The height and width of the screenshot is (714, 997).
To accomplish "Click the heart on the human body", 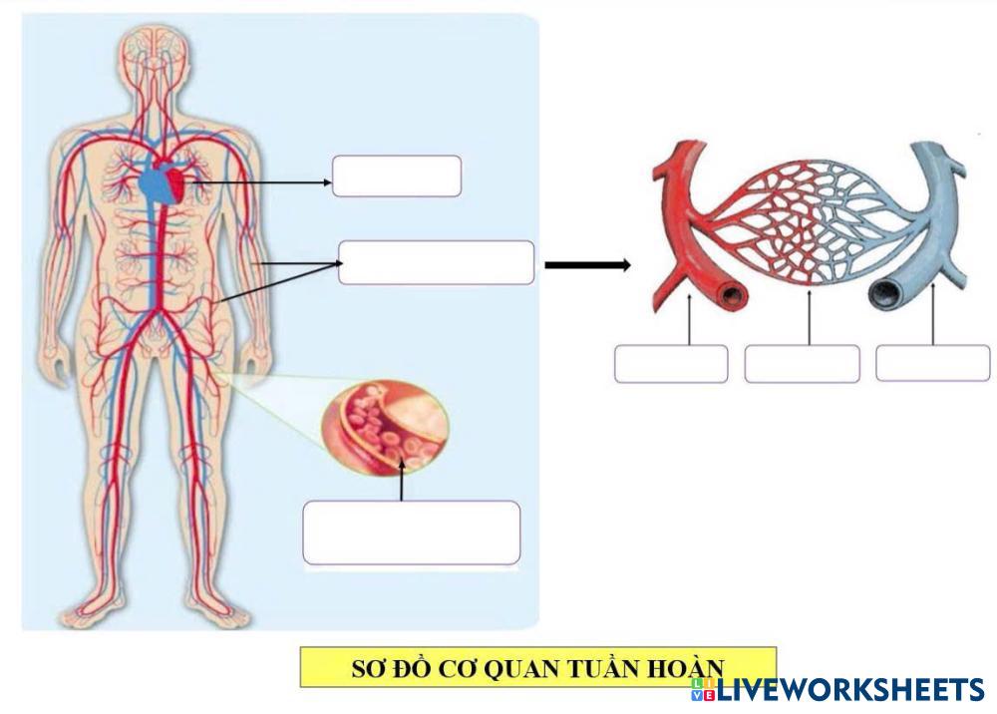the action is point(162,182).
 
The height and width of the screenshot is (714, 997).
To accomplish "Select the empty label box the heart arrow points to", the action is point(396,177).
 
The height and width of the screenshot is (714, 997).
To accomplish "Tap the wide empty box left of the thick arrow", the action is point(436,262).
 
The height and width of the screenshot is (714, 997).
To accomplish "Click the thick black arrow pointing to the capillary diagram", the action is point(587,265).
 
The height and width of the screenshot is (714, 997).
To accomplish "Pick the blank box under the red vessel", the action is point(671,364).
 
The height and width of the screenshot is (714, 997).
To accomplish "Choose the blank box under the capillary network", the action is point(802,364).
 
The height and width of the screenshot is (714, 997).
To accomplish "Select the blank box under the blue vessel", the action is point(932,363).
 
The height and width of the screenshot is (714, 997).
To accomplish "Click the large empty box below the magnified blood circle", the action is point(411,533).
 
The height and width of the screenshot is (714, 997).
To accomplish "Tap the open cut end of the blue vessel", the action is point(883,293).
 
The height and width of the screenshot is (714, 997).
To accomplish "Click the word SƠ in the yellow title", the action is point(365,667).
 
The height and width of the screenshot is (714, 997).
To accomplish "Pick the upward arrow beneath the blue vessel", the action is point(933,313).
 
